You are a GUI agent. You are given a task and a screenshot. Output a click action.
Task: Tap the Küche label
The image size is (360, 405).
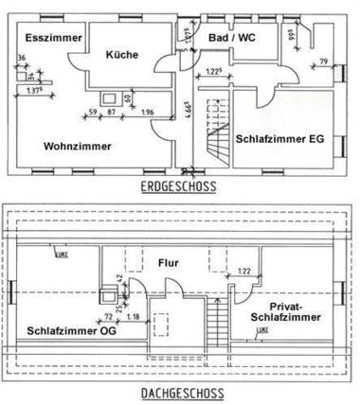pyautogui.click(x=122, y=55)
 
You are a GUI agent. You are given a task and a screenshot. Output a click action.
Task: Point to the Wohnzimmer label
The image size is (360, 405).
pyautogui.click(x=76, y=146)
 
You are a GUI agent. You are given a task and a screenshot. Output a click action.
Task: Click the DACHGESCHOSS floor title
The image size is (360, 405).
pyautogui.click(x=179, y=392)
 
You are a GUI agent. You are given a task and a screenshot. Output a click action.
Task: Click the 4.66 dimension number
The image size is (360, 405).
pyautogui.click(x=190, y=121)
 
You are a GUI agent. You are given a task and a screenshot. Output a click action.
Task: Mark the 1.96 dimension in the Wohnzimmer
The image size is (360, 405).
pyautogui.click(x=147, y=114)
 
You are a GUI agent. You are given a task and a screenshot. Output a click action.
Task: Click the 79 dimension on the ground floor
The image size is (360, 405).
pyautogui.click(x=323, y=62)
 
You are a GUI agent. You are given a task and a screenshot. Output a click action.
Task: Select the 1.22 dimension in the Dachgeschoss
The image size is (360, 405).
pyautogui.click(x=243, y=271)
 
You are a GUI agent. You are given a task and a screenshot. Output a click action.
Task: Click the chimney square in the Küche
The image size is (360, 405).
pyautogui.click(x=103, y=97)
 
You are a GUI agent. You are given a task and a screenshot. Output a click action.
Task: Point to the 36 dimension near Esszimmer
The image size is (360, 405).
pyautogui.click(x=21, y=59)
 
